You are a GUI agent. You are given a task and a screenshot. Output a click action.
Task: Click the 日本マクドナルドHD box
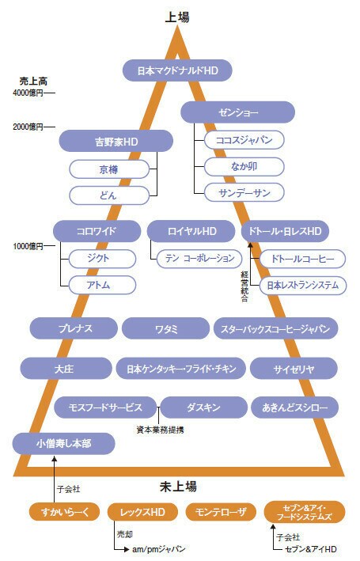click(x=177, y=70)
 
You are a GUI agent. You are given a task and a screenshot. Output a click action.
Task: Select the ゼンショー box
click(x=237, y=112)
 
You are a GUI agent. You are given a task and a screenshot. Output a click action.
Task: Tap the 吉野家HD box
click(x=116, y=142)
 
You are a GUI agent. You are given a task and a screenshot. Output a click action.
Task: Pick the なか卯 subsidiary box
click(x=244, y=166)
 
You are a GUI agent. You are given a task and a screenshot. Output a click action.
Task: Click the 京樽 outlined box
click(x=108, y=169)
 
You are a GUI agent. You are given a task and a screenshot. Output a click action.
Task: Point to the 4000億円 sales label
click(x=28, y=93)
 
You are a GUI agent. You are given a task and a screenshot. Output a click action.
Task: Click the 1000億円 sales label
click(x=28, y=246)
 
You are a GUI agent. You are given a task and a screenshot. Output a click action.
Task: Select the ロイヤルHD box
click(x=191, y=231)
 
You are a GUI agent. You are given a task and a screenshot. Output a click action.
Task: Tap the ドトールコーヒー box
click(x=303, y=259)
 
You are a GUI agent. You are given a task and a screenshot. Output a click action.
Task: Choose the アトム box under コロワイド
click(x=102, y=285)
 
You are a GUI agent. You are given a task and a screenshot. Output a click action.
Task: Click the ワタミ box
click(x=165, y=328)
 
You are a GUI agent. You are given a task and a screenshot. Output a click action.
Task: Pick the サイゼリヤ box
click(x=294, y=369)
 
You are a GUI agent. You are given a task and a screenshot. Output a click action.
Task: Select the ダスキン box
click(x=203, y=407)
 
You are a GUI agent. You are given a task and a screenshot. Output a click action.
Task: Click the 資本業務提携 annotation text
click(x=161, y=430)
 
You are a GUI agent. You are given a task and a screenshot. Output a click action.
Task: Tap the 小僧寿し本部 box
click(x=64, y=444)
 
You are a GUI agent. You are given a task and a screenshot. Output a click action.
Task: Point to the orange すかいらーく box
click(x=65, y=512)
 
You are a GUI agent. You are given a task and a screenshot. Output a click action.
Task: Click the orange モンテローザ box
click(x=221, y=512)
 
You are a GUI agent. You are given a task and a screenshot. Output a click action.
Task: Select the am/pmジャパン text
click(x=158, y=549)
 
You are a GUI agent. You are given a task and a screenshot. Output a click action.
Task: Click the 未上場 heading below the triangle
click(x=178, y=487)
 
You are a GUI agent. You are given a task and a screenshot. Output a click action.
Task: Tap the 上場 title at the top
click(x=177, y=17)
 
